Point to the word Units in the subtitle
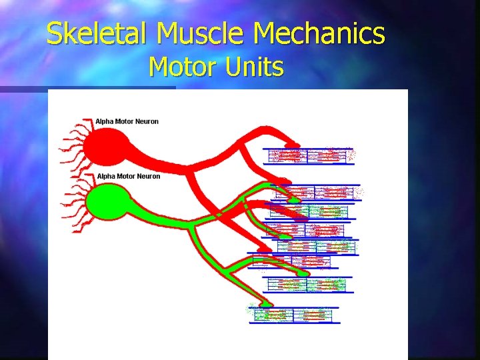pos(259,67)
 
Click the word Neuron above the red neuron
pos(147,121)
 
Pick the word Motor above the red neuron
pos(125,121)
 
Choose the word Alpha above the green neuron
pos(107,176)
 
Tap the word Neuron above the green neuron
pos(149,176)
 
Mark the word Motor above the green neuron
pos(127,176)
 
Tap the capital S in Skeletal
pos(53,33)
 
